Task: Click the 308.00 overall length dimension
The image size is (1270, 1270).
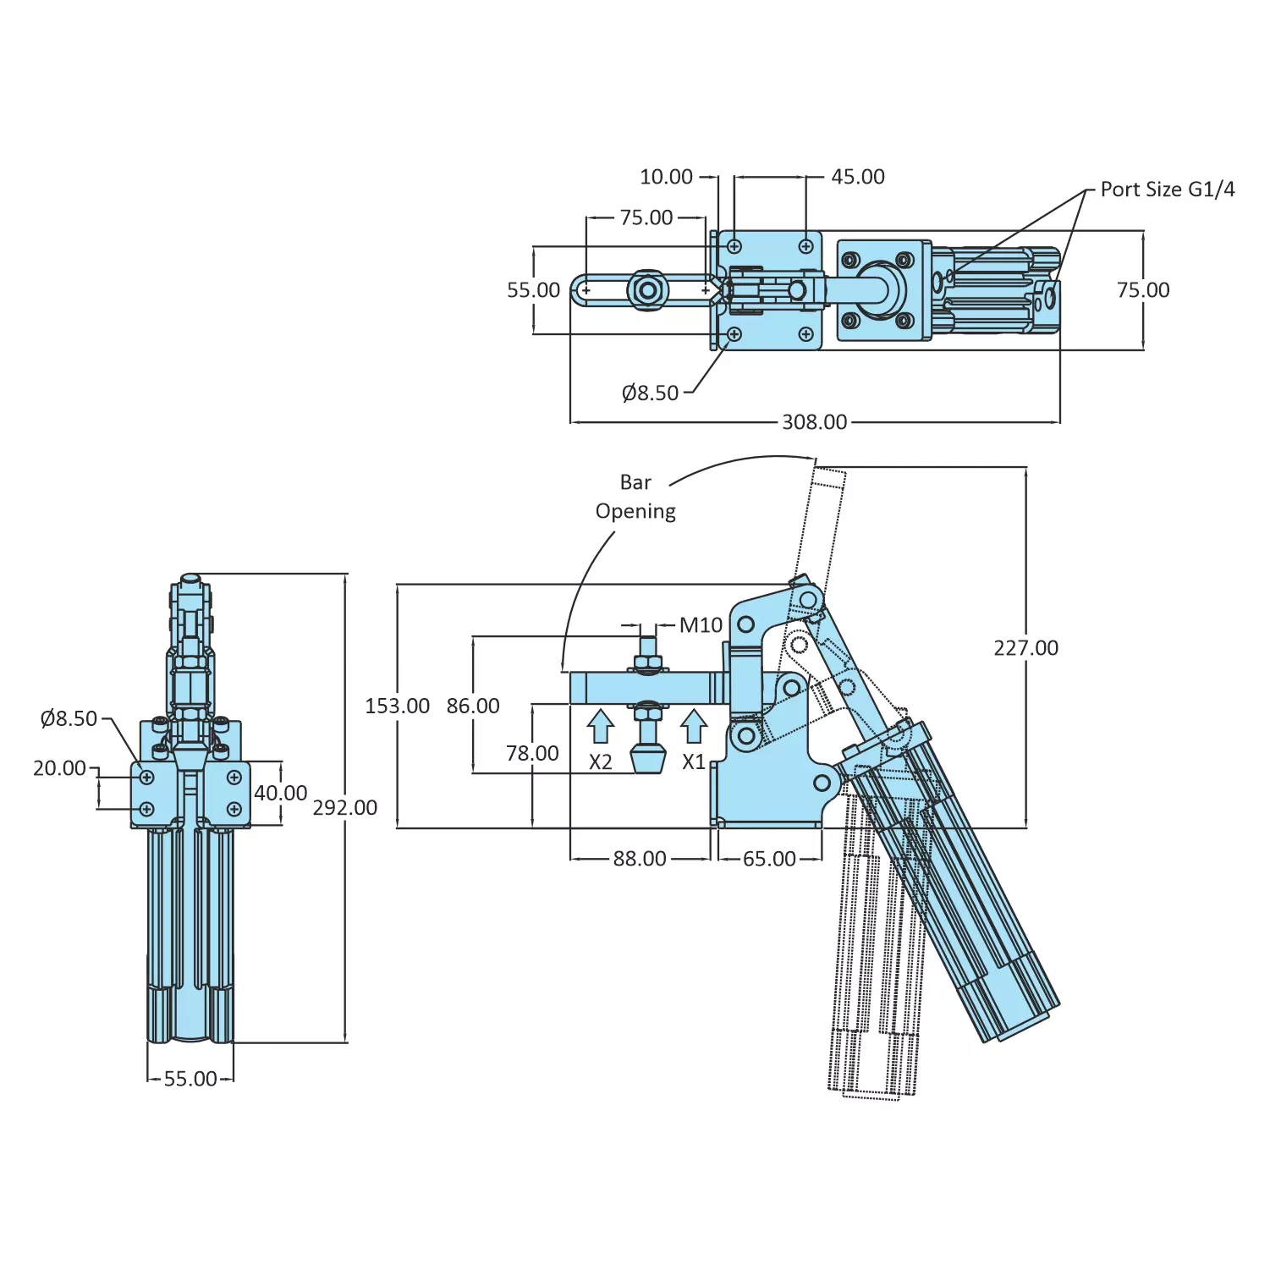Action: [x=814, y=421]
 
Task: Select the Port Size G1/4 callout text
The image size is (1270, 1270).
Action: [x=1167, y=190]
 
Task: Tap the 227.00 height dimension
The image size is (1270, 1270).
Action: [x=1025, y=648]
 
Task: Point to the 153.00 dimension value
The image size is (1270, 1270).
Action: [x=397, y=706]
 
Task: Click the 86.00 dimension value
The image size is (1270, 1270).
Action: [x=473, y=706]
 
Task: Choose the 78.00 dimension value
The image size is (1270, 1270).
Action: [x=532, y=753]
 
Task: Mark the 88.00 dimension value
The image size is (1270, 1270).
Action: [x=640, y=859]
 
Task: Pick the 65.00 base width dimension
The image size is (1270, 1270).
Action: [x=769, y=859]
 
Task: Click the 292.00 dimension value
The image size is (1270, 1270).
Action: [x=345, y=808]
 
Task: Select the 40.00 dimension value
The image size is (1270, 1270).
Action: [x=281, y=793]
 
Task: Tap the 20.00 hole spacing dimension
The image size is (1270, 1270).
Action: [x=59, y=768]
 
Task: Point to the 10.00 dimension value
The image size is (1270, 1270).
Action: [x=666, y=177]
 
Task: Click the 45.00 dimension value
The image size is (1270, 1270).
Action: [x=857, y=177]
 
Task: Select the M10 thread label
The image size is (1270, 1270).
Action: [x=701, y=625]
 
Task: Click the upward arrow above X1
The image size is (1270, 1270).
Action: [x=694, y=727]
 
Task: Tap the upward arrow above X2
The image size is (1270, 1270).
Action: [x=601, y=727]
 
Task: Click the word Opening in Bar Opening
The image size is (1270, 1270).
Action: [x=635, y=511]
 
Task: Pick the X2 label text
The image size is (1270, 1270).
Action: [x=601, y=762]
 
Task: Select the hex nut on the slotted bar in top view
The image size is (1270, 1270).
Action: [x=648, y=291]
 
